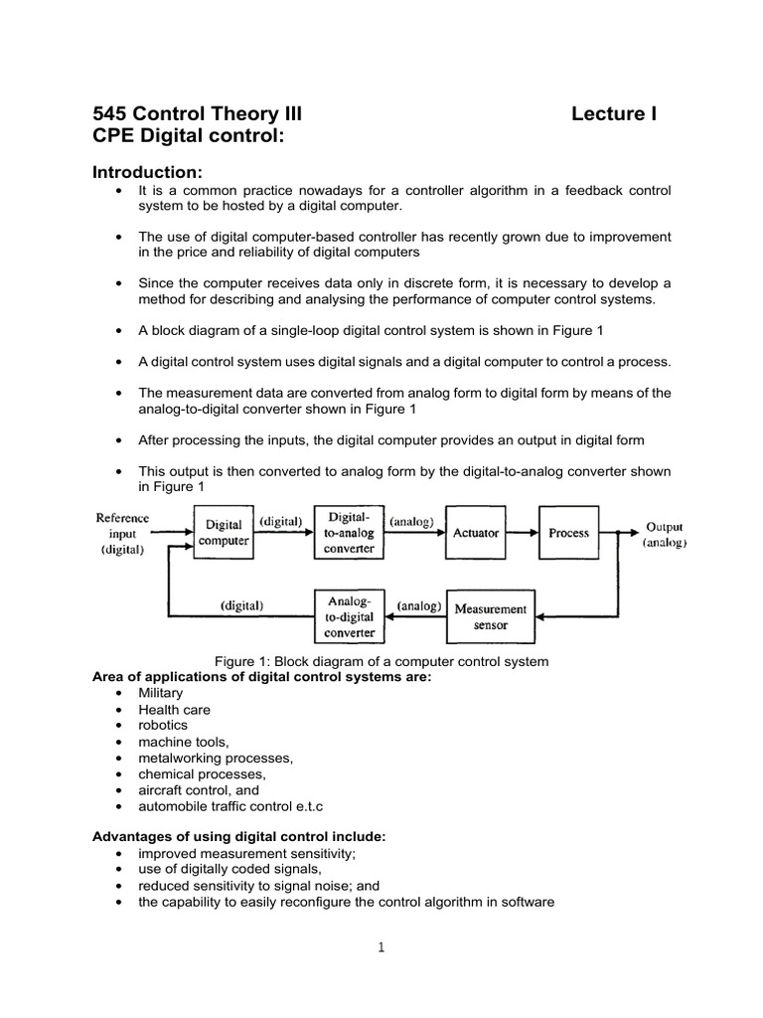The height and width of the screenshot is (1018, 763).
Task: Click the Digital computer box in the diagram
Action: (x=224, y=532)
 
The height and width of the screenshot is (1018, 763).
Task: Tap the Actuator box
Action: (x=476, y=533)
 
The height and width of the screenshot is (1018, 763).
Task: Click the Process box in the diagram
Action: (x=568, y=533)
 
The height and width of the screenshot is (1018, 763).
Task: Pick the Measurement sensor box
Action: (x=491, y=616)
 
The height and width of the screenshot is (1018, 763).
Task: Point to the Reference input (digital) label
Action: (x=122, y=533)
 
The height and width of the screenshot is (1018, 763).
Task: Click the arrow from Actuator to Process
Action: (x=523, y=533)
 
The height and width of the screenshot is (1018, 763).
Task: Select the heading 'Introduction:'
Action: (x=147, y=174)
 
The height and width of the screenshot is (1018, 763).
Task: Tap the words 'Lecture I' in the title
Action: (x=614, y=115)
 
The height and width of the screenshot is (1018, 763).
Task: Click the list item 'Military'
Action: (x=161, y=693)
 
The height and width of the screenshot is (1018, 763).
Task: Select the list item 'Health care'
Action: (x=174, y=709)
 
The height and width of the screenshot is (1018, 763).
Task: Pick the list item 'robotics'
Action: (x=163, y=725)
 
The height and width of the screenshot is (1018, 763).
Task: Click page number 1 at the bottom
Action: (x=381, y=946)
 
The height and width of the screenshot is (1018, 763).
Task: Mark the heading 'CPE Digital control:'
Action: (x=187, y=137)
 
